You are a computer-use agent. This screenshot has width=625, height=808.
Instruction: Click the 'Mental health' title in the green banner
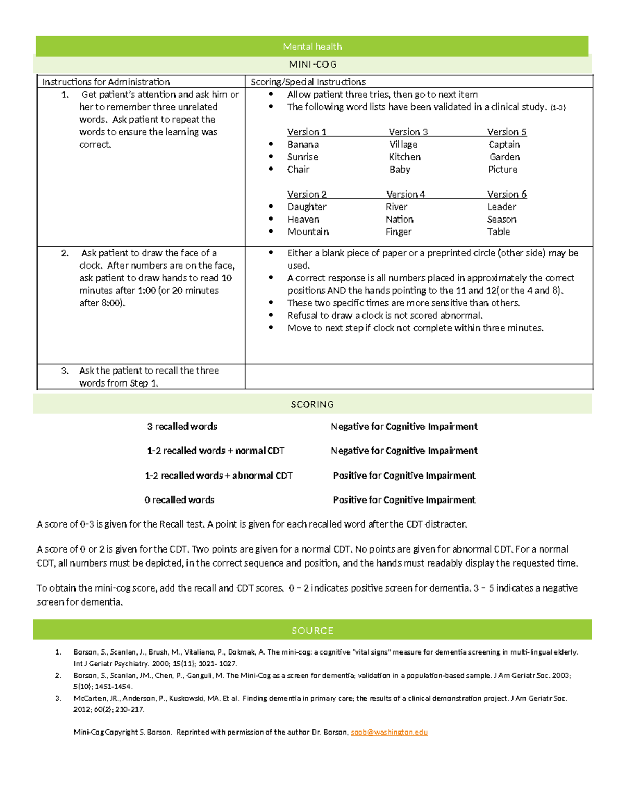tap(312, 47)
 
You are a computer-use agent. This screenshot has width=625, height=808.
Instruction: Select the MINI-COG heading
tap(312, 65)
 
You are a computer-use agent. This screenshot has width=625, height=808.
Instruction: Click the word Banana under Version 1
tap(303, 145)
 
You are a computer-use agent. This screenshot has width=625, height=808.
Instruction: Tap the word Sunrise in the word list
tap(303, 157)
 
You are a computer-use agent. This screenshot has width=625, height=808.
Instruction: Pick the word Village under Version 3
tap(403, 145)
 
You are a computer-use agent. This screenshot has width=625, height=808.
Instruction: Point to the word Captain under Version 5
tap(504, 145)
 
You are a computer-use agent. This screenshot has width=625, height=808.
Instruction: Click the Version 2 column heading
tap(307, 195)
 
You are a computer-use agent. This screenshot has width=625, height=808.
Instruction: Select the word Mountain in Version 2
tap(308, 232)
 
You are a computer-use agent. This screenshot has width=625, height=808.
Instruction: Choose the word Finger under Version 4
tap(398, 232)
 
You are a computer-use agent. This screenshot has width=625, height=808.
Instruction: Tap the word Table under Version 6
tap(498, 232)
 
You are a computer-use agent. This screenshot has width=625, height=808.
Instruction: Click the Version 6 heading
tap(507, 195)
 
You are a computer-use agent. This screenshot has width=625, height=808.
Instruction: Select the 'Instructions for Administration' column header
tap(106, 82)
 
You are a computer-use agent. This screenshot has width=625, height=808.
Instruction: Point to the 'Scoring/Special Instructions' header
tap(308, 82)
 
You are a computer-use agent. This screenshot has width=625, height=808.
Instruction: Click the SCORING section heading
tap(312, 404)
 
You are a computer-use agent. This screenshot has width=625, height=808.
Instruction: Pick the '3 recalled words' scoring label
tap(182, 427)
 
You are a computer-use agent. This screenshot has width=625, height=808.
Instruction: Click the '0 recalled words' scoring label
tap(180, 500)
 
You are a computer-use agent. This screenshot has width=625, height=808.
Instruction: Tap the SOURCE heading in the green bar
tap(312, 631)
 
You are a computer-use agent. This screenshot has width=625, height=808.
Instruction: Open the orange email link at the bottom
tap(389, 732)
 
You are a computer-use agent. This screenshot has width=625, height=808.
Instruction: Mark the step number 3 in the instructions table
tap(65, 371)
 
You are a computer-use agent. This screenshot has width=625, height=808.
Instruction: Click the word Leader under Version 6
tap(502, 207)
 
